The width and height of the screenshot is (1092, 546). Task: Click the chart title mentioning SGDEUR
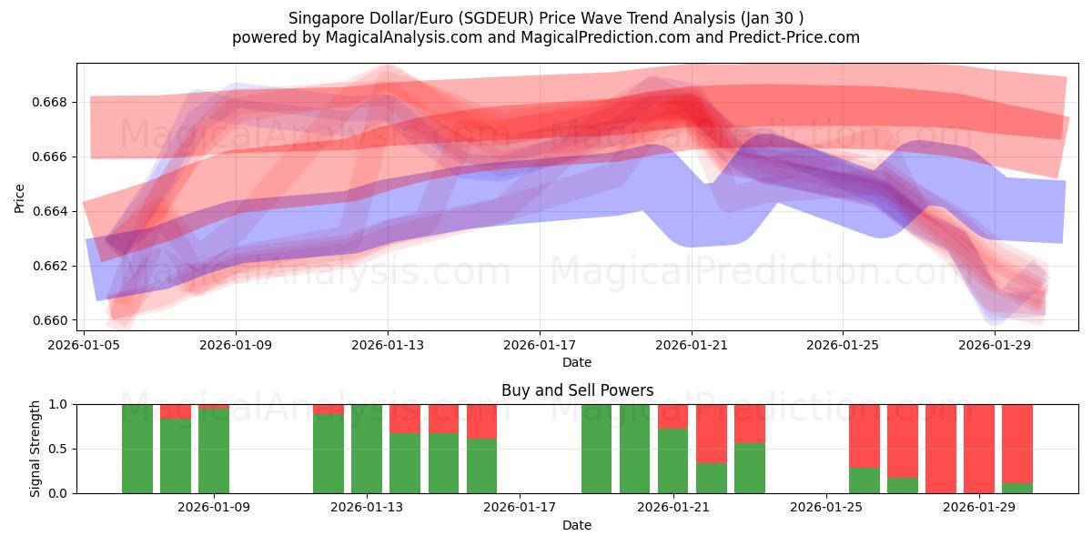546,18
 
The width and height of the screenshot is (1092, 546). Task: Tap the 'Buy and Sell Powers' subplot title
577,390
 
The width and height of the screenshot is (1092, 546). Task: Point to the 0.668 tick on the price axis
55,102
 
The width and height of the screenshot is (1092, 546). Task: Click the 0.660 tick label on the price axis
55,320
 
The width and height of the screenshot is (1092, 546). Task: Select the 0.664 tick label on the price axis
55,211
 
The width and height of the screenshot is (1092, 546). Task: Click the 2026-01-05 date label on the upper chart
85,345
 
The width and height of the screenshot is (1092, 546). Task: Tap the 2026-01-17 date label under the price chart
540,345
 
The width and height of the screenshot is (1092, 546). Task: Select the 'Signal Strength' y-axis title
35,449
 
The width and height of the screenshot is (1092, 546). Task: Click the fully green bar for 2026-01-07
137,449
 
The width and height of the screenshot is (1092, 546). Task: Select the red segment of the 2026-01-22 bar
712,433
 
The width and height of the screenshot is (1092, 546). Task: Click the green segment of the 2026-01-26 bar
864,480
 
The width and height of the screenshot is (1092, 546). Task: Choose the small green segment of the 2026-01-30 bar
1017,488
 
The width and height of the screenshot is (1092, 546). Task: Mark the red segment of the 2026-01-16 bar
482,421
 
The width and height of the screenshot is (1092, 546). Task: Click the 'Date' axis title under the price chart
577,362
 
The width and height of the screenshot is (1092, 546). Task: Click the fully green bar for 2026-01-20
635,449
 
